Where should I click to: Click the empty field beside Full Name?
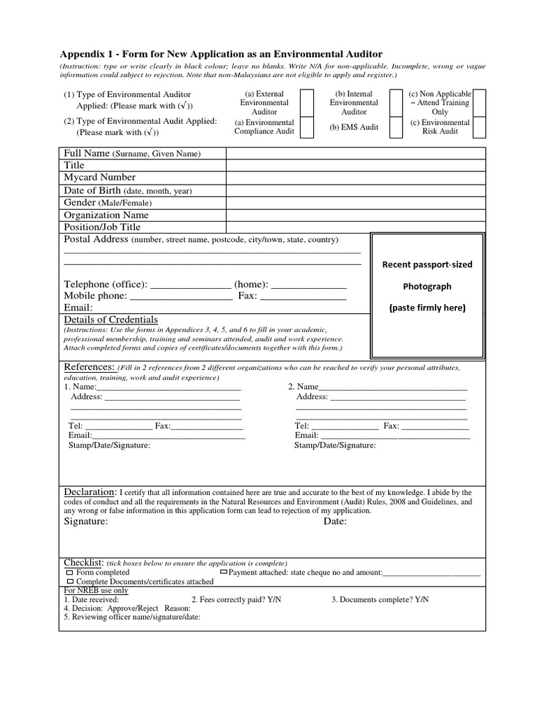tap(355, 153)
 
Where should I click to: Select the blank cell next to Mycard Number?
tap(355, 178)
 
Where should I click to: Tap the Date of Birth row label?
tap(127, 190)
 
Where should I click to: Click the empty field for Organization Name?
tap(355, 215)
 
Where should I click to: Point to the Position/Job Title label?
tap(102, 227)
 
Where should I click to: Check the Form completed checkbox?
tap(70, 573)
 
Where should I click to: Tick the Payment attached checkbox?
tap(224, 572)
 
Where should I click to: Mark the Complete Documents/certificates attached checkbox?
tap(70, 582)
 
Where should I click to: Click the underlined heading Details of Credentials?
tap(110, 320)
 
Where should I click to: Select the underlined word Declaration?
tap(91, 492)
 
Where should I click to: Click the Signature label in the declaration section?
tap(86, 522)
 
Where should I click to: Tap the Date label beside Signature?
tap(335, 522)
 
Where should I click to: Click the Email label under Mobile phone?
tap(78, 308)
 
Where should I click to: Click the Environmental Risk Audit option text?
tap(440, 127)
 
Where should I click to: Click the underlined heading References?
tap(89, 367)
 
